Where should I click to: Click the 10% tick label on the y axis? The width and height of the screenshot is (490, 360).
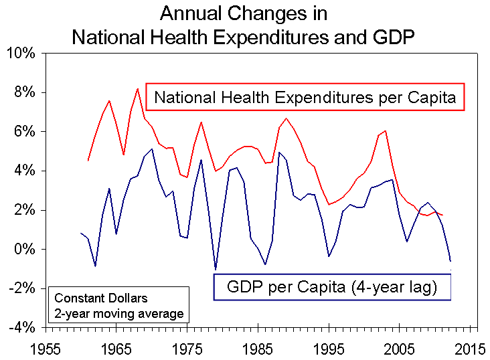(22, 53)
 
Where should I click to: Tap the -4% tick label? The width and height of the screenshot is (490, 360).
(23, 328)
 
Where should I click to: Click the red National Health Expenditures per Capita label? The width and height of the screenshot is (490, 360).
(305, 98)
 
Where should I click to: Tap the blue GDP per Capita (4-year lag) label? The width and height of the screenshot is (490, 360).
(332, 288)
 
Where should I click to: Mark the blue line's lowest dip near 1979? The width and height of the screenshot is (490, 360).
(216, 269)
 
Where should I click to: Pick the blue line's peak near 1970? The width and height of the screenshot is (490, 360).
(152, 149)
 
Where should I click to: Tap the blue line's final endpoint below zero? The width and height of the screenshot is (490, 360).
(451, 261)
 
